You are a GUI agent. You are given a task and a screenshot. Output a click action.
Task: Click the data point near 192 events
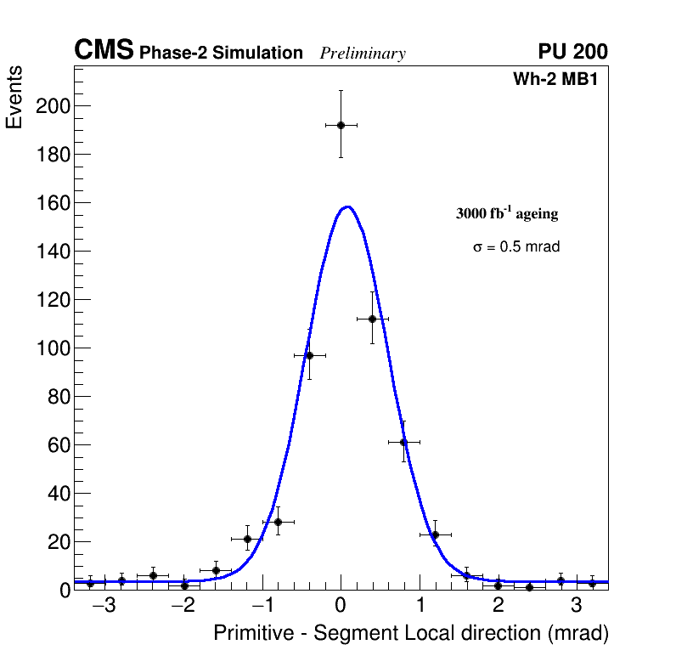(341, 125)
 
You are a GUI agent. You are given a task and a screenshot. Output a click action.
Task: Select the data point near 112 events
(372, 319)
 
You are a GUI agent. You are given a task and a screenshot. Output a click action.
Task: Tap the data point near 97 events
(309, 355)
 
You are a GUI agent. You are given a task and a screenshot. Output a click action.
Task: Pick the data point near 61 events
(403, 442)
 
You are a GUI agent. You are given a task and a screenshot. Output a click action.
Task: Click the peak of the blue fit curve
(346, 206)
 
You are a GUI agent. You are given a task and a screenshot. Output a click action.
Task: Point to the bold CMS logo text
(104, 51)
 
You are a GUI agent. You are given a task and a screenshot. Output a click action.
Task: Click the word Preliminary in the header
(363, 54)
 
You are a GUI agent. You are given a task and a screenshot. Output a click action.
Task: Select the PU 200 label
(572, 52)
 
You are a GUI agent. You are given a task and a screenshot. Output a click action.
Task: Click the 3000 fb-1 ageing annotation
(507, 214)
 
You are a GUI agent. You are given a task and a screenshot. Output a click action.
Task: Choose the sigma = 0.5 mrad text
(516, 247)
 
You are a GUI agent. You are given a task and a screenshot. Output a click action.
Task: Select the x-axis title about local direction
(411, 634)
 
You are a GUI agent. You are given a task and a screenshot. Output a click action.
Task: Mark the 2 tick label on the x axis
(498, 606)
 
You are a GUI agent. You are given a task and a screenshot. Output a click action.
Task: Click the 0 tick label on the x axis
(341, 606)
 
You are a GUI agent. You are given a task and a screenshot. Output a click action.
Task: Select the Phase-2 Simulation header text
(221, 54)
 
